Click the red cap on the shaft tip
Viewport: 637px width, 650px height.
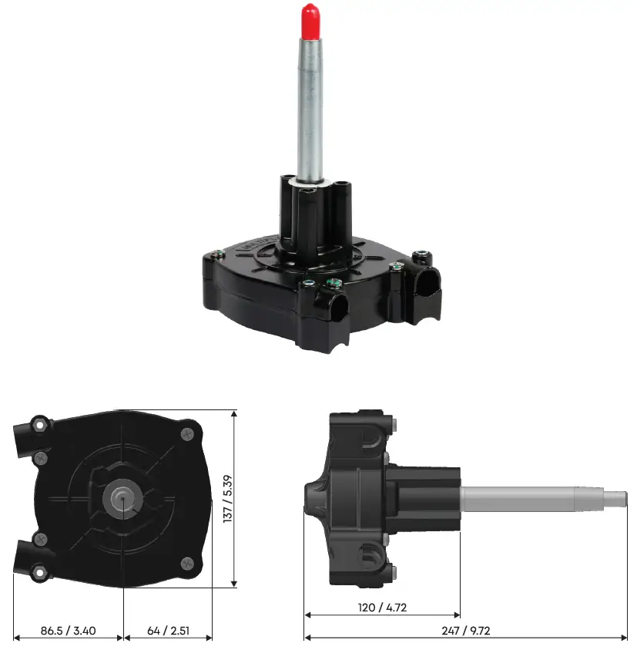(310, 16)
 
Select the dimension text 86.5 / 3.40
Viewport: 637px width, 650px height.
(68, 631)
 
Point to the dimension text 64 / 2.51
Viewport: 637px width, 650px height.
(169, 631)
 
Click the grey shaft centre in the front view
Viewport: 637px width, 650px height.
(122, 498)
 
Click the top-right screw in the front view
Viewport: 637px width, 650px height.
(187, 435)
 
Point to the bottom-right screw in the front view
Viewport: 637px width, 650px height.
(187, 564)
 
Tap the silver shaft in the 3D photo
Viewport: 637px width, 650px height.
(309, 100)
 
